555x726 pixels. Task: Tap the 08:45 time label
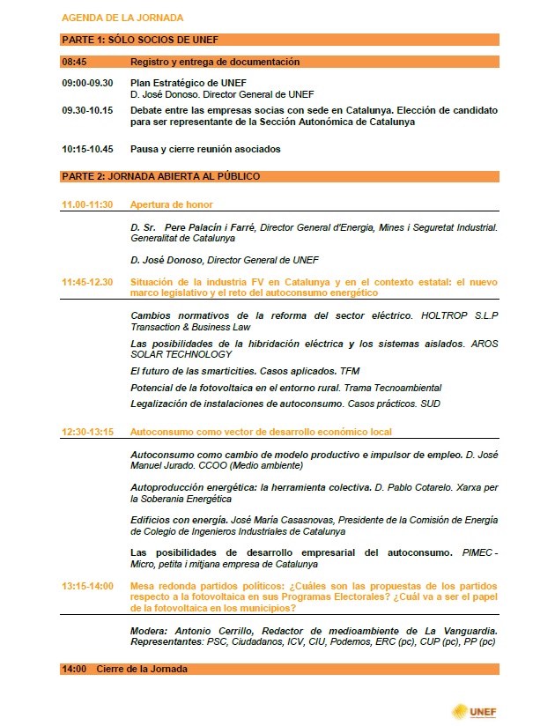tap(73, 62)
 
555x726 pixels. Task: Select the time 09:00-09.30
tap(87, 82)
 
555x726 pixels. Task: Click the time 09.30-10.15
tap(87, 110)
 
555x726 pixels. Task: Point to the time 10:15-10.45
tap(87, 149)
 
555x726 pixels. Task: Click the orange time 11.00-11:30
tap(87, 204)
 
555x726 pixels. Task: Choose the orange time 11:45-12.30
tap(87, 281)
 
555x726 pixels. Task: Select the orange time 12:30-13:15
tap(87, 432)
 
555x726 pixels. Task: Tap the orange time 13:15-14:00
tap(87, 585)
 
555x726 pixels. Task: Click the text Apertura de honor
tap(172, 204)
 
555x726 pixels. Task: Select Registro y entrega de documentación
tap(215, 62)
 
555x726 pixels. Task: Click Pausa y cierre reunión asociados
tap(205, 149)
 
